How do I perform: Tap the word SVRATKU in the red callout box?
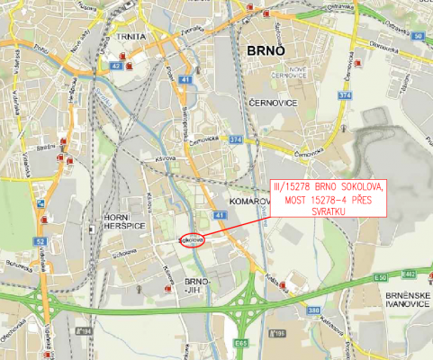click(x=328, y=211)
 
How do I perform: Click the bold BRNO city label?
click(x=265, y=51)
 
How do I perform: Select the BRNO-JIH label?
click(x=196, y=285)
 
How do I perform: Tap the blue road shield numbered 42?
click(x=116, y=66)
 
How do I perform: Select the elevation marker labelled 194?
click(x=86, y=331)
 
